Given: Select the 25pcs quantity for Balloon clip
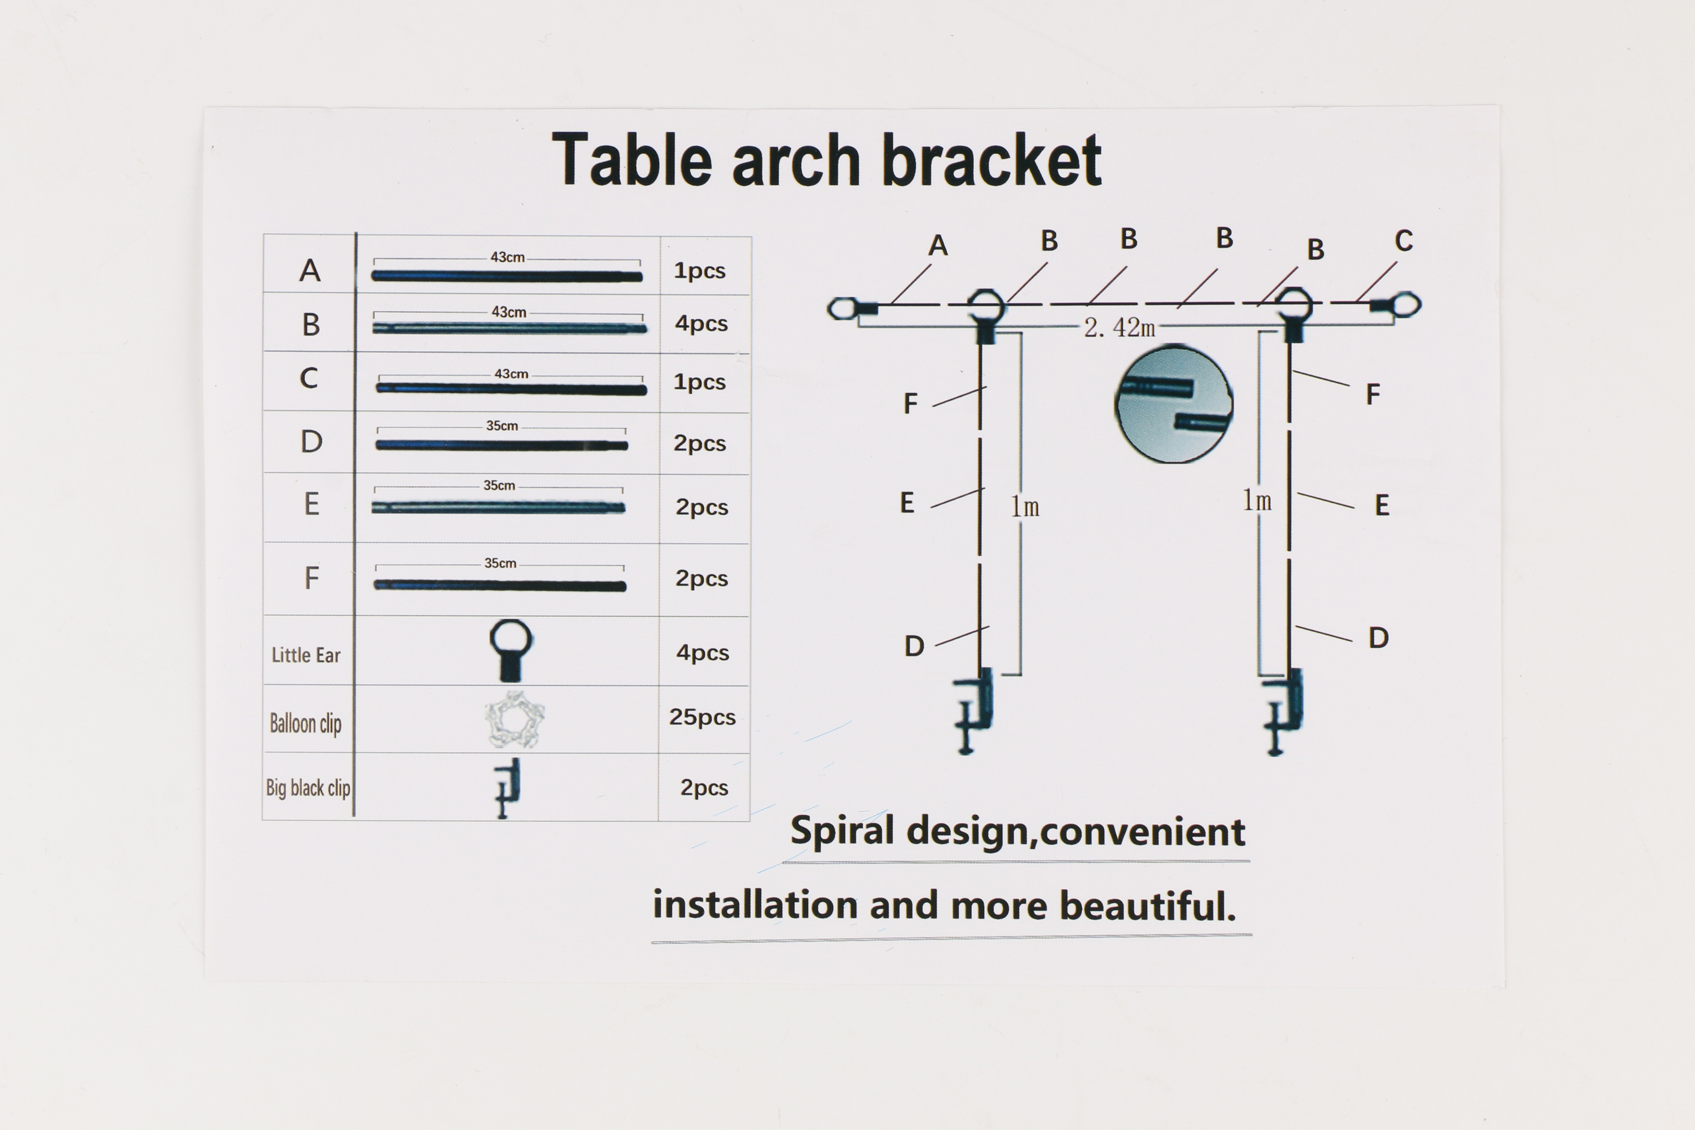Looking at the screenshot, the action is pos(702,717).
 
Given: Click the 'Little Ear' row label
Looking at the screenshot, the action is pos(305,655).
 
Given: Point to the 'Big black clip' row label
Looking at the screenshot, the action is pos(308,788).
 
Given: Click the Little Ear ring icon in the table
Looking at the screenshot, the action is pos(511,650).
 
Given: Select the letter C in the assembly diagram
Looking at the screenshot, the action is pos(1403,241).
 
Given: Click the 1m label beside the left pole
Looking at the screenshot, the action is pos(1025,507).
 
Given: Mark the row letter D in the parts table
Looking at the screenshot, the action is pos(311,441).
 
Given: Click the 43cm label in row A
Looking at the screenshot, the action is pos(507,257).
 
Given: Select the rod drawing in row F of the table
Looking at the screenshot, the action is pos(500,585).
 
